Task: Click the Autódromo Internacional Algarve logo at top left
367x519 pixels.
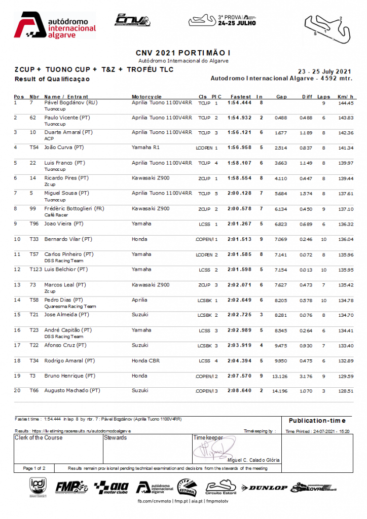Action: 55,26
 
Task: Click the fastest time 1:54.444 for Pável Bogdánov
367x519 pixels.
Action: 240,103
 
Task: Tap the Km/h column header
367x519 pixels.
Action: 345,96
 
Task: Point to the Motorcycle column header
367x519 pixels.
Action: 146,96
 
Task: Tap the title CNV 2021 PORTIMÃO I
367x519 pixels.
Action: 183,53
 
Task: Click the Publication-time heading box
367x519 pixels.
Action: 317,420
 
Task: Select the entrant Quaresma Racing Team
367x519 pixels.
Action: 70,306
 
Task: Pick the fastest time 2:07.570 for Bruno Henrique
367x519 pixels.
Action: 240,376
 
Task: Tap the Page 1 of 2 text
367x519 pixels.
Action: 34,468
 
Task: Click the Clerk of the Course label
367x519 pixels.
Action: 39,437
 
